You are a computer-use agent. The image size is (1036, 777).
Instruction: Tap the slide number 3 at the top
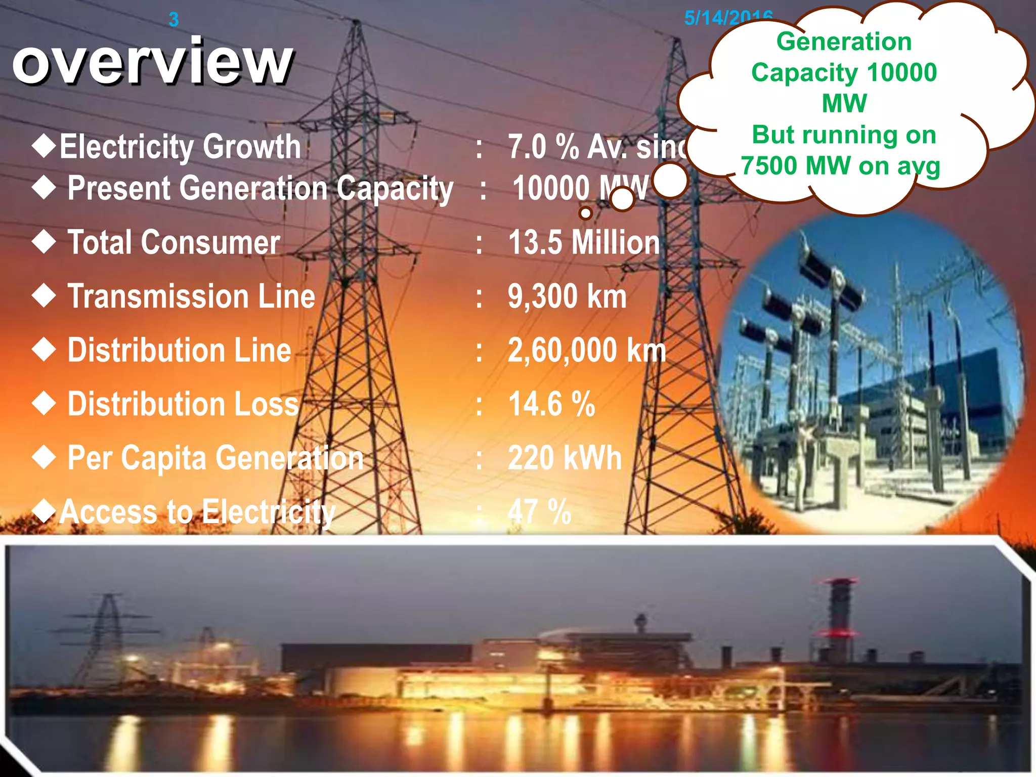[x=174, y=20]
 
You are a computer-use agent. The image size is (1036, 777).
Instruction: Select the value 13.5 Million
[x=584, y=242]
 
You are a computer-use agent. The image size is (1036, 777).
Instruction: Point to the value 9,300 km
[x=567, y=296]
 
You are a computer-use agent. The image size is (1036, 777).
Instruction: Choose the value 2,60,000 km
[x=587, y=350]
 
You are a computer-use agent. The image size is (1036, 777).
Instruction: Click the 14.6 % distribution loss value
[x=551, y=404]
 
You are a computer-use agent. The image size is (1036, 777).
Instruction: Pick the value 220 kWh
[x=565, y=458]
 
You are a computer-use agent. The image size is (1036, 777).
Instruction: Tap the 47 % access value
[x=539, y=511]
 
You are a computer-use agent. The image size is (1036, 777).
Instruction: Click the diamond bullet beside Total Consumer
[x=44, y=241]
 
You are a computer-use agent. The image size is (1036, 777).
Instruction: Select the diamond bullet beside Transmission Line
[x=44, y=295]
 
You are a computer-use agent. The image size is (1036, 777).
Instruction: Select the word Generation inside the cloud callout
[x=844, y=41]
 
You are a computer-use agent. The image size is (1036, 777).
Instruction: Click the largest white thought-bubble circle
[x=670, y=181]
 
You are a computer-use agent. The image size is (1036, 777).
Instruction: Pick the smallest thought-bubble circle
[x=586, y=213]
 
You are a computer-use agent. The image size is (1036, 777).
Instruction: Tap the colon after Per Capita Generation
[x=479, y=459]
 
